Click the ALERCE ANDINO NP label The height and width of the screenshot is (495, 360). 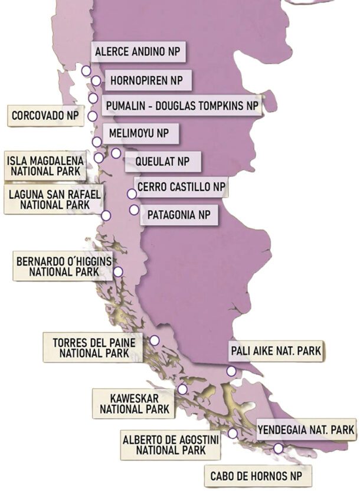(x=138, y=51)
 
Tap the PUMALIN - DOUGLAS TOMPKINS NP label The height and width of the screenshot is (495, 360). (x=182, y=106)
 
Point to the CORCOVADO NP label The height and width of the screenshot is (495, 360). (x=45, y=116)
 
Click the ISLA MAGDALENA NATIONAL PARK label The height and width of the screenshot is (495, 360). (x=45, y=166)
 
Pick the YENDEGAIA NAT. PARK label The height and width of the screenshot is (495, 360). (x=306, y=430)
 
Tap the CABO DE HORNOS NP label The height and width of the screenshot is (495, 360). (x=257, y=476)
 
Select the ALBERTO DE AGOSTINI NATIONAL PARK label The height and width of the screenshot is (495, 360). (x=171, y=444)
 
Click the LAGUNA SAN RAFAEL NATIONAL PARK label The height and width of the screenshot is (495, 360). (x=54, y=199)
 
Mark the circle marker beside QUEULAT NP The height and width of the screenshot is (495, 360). (x=116, y=153)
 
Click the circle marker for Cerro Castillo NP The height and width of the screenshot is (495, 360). (x=132, y=194)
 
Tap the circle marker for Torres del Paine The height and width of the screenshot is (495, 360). (x=155, y=340)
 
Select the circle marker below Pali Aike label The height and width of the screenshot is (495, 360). (x=231, y=371)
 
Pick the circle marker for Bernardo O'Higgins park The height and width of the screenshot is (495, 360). (x=118, y=272)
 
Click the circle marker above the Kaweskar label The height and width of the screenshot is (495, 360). (x=182, y=389)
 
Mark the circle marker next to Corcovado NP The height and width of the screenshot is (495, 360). (x=93, y=116)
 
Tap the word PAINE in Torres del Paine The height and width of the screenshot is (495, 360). (x=121, y=342)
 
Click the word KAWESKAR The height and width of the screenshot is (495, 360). (x=133, y=398)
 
